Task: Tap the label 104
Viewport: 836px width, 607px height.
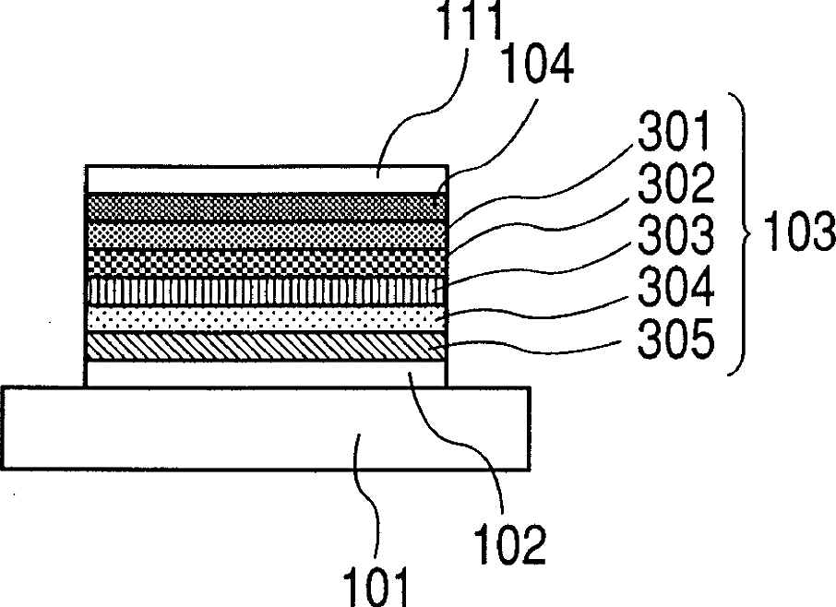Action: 537,64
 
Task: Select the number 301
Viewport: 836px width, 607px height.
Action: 674,131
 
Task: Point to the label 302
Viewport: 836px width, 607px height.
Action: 675,183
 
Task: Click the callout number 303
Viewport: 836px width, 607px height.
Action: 675,234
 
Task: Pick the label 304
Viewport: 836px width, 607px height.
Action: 675,286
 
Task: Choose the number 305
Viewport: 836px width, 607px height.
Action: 675,338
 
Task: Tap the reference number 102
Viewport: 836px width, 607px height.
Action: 510,543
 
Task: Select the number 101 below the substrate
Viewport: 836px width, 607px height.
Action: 376,587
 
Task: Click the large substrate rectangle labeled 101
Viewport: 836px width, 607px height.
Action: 266,428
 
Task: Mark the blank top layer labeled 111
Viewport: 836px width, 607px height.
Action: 266,180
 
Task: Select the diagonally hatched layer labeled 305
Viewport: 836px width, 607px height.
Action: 266,346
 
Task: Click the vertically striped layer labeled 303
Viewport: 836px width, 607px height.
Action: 266,291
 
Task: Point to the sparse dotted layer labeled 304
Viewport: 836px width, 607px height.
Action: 266,318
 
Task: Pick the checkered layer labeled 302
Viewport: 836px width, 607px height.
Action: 266,263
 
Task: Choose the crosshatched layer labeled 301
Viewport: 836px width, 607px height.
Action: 266,235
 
